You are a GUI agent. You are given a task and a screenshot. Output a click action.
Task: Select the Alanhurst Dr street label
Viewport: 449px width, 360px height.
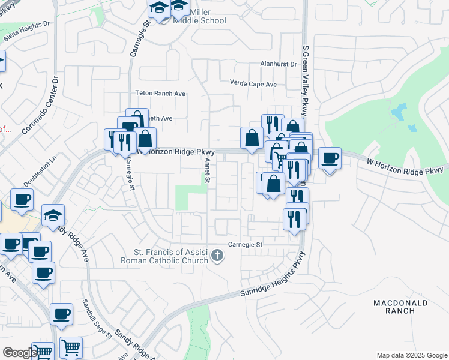(x=278, y=64)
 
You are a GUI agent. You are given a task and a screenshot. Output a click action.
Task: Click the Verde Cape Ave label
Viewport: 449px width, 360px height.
(x=253, y=84)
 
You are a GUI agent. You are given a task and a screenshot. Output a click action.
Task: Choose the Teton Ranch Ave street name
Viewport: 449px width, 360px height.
(x=160, y=94)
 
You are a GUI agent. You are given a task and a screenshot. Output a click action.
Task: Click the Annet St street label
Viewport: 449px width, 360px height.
(x=207, y=170)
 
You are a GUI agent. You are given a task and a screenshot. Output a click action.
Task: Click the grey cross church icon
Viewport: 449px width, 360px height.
(x=218, y=257)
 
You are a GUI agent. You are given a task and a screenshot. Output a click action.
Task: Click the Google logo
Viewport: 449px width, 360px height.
(x=19, y=353)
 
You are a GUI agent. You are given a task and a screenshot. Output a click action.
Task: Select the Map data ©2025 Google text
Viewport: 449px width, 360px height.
(x=411, y=355)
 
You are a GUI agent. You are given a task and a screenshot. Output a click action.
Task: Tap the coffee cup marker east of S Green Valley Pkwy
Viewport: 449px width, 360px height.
(x=329, y=158)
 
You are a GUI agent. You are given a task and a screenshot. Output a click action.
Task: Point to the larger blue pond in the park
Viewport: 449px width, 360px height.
(x=398, y=112)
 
